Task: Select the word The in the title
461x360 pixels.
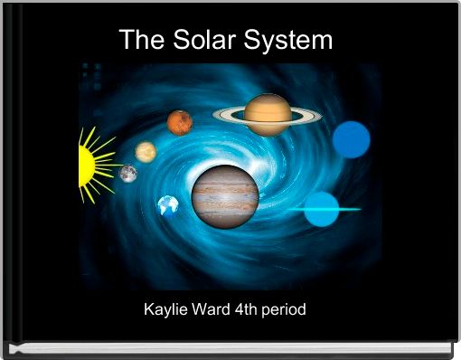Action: (140, 41)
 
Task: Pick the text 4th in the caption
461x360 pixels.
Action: (247, 309)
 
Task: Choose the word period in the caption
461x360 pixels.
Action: (285, 309)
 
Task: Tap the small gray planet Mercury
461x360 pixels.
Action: (128, 173)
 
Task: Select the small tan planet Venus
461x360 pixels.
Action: (146, 151)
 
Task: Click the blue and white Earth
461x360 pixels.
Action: (168, 206)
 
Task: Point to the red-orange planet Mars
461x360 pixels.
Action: (180, 122)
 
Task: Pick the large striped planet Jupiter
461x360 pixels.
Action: (225, 196)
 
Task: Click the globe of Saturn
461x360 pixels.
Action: (268, 114)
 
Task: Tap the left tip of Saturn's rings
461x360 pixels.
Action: (215, 115)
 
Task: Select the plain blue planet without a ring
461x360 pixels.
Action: (351, 139)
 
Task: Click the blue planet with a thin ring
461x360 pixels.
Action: (321, 209)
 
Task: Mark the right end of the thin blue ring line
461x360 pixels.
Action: (360, 209)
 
